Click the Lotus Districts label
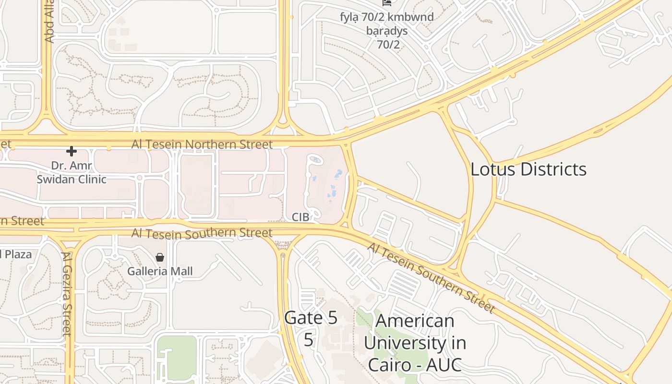click(x=528, y=169)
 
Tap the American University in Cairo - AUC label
click(x=414, y=342)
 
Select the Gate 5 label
click(x=311, y=318)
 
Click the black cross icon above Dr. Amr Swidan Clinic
click(x=72, y=151)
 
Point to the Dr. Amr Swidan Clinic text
click(x=72, y=173)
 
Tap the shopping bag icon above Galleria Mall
click(x=160, y=258)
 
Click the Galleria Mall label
click(x=160, y=271)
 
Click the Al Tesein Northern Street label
click(x=202, y=144)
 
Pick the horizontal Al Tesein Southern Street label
click(x=202, y=233)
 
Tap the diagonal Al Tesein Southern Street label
click(x=431, y=277)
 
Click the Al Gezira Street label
click(x=67, y=294)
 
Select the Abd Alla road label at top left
click(x=49, y=22)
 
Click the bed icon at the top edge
click(x=387, y=2)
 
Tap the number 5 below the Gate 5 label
click(x=308, y=339)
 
